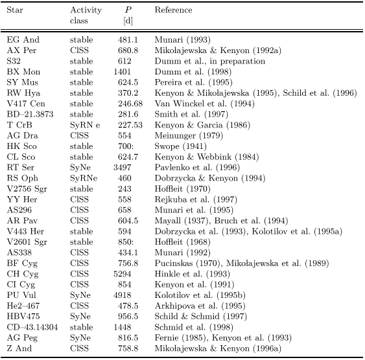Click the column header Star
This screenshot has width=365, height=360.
click(15, 10)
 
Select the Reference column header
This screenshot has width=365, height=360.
click(173, 10)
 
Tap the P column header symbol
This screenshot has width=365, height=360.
click(128, 10)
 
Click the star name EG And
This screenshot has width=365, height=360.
click(23, 39)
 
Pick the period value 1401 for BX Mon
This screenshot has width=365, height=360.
click(123, 72)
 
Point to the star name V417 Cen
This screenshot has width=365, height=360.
click(26, 104)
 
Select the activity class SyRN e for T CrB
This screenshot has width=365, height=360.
click(85, 125)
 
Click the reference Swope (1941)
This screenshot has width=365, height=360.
click(181, 146)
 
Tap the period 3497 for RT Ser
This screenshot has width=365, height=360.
click(123, 168)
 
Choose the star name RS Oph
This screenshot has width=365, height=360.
click(22, 178)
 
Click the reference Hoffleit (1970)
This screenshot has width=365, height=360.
click(183, 189)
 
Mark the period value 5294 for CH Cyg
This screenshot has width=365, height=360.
click(123, 274)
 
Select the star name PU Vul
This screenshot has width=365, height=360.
click(21, 295)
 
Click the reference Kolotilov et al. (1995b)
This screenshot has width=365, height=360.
click(200, 295)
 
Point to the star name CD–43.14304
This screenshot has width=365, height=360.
click(32, 327)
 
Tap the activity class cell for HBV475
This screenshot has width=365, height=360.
click(80, 317)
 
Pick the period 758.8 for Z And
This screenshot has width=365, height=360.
click(128, 348)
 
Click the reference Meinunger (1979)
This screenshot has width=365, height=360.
click(189, 136)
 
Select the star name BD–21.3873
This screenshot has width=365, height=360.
click(30, 115)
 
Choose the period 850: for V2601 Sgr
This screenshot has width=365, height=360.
click(126, 242)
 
